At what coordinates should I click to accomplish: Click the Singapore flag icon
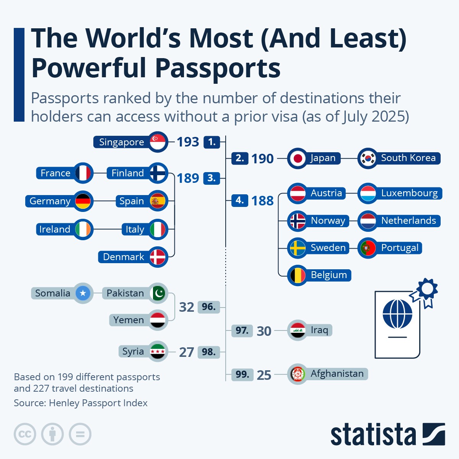tap(158, 142)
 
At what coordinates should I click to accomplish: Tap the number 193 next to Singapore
tap(188, 142)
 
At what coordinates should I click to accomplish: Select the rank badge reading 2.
tap(239, 158)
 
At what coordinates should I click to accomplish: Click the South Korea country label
tap(408, 158)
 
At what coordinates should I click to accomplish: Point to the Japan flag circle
tap(297, 158)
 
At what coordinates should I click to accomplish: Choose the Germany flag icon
tap(83, 201)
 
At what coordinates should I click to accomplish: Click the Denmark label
tap(124, 257)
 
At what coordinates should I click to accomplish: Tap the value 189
tap(188, 178)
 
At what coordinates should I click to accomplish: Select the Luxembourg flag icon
tap(368, 194)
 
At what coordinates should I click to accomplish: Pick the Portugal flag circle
tap(368, 248)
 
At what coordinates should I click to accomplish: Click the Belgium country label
tap(329, 275)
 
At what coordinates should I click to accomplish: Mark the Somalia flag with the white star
tap(83, 293)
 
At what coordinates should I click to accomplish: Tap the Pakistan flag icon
tap(158, 293)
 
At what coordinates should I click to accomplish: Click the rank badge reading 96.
tap(208, 307)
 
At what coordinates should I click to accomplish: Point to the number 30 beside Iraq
tap(264, 331)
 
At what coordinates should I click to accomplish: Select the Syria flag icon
tap(158, 351)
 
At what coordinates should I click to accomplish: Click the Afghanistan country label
tap(337, 374)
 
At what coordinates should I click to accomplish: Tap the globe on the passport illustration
tap(397, 314)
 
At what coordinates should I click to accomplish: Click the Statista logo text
tap(373, 435)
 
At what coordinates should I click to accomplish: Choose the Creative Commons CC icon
tap(25, 435)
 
